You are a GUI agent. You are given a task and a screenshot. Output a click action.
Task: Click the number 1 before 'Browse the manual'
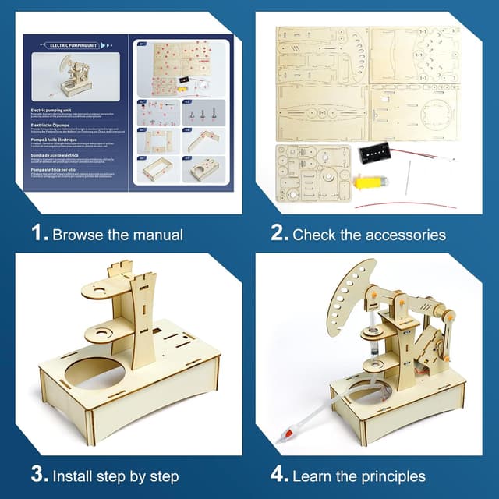coord(37,233)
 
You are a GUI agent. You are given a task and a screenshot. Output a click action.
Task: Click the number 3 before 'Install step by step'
coord(37,474)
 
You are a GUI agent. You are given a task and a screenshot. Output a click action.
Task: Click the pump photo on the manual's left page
coord(75,79)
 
